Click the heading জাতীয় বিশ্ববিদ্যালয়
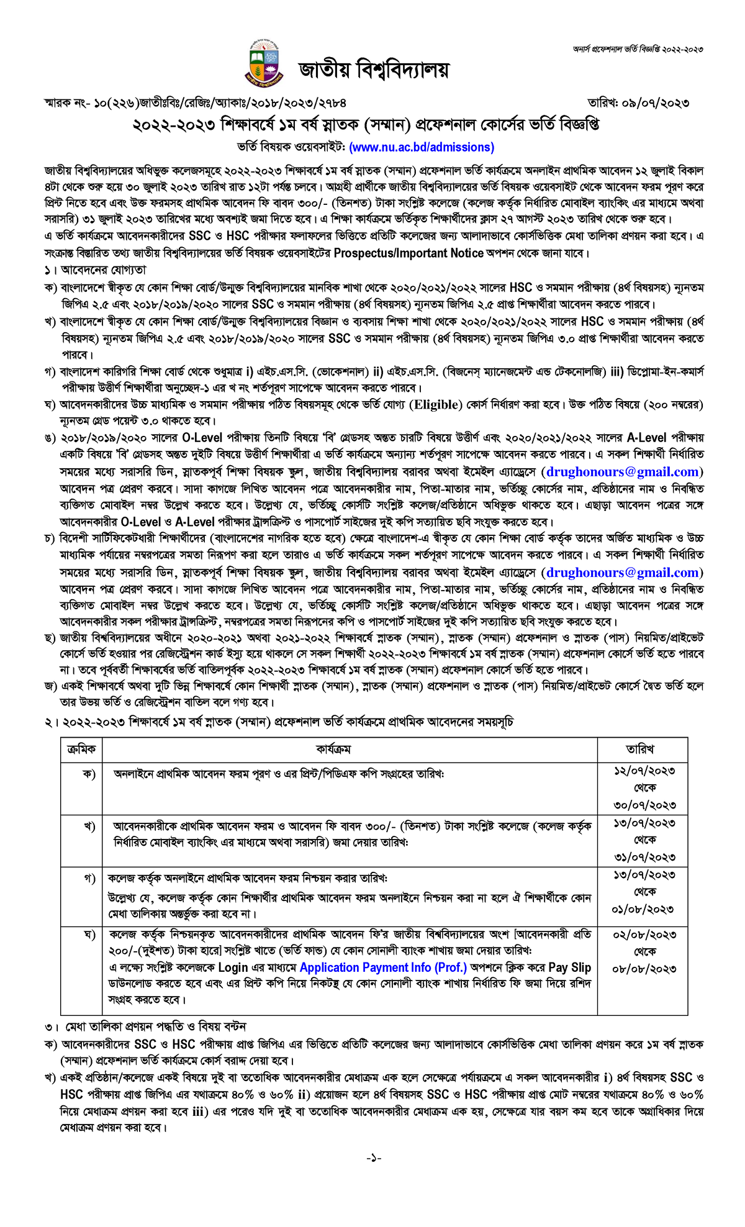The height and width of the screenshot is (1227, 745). [x=373, y=70]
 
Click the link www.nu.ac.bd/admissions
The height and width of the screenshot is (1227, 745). [x=422, y=147]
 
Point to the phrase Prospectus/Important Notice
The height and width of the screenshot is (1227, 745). [x=409, y=253]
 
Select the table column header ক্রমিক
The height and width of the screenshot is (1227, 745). [x=81, y=749]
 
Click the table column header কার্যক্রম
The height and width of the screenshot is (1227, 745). [x=333, y=749]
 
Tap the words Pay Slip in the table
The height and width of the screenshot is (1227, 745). [x=569, y=967]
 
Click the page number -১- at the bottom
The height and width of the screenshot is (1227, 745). [x=373, y=1158]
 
